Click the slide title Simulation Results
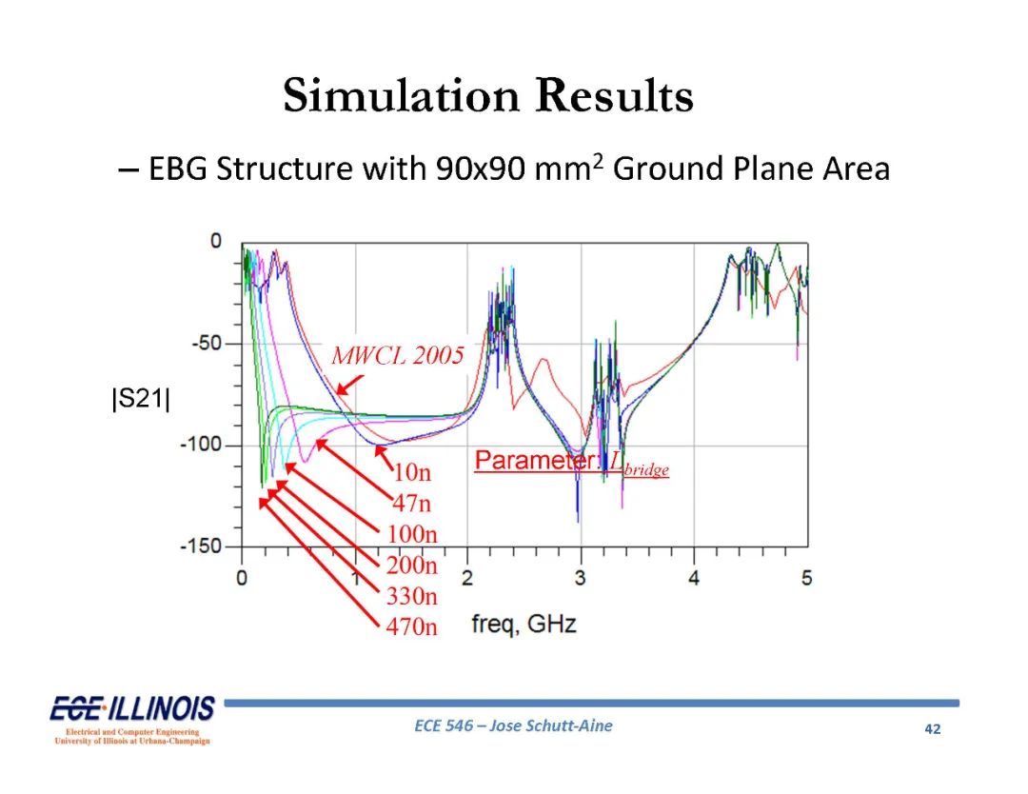click(x=488, y=96)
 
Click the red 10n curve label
click(x=412, y=472)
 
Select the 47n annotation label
click(x=412, y=503)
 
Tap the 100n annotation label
click(x=411, y=534)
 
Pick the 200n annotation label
click(x=411, y=565)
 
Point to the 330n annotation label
click(x=411, y=595)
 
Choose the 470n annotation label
click(x=411, y=626)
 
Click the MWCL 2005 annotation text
click(x=397, y=355)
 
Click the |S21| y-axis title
click(x=141, y=398)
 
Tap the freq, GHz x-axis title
click(x=524, y=624)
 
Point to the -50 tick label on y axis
click(x=207, y=343)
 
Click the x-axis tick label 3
click(x=581, y=578)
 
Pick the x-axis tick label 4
click(x=694, y=578)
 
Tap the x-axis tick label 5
click(x=806, y=578)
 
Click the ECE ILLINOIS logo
click(x=132, y=719)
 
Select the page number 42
click(x=932, y=729)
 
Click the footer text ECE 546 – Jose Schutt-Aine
click(x=513, y=725)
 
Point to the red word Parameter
click(x=537, y=460)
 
